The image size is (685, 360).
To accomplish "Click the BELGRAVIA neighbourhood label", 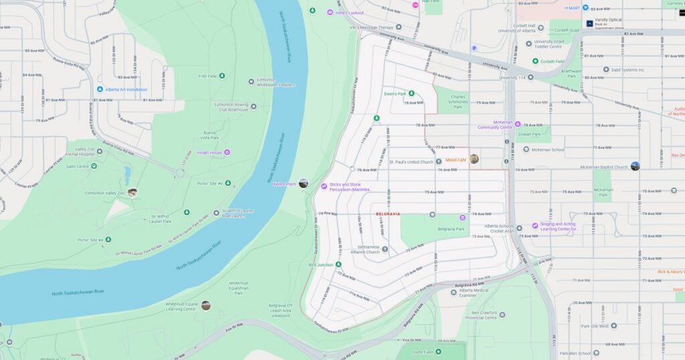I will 387,214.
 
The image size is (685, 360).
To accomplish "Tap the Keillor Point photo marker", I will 303,183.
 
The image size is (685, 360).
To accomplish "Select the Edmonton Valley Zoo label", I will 104,193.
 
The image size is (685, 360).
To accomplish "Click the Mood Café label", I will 456,160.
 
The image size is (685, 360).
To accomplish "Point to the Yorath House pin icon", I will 227,153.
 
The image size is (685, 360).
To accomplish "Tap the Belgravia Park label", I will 450,229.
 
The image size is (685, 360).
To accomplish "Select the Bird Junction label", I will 321,265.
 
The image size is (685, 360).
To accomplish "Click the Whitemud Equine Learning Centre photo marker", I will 205,305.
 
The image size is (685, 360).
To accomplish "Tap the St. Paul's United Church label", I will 411,162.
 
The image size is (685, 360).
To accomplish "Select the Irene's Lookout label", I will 350,13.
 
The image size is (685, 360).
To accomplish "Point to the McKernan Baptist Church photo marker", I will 635,166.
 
